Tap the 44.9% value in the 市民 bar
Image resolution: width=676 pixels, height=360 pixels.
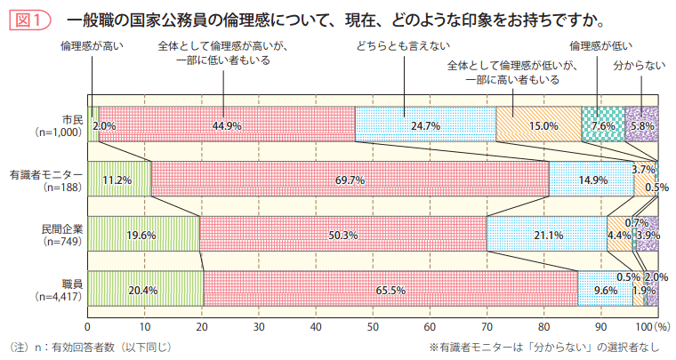tap(227, 125)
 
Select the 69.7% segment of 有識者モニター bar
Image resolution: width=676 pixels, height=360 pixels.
tap(350, 180)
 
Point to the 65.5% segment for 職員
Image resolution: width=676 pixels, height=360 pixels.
tap(390, 290)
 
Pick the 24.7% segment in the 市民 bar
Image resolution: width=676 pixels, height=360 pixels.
tap(426, 125)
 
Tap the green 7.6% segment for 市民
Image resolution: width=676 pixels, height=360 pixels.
tap(603, 125)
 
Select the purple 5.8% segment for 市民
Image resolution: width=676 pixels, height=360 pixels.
tap(641, 125)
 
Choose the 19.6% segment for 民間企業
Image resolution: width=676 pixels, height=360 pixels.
tap(141, 235)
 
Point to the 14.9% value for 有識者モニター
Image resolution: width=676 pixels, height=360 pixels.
tap(592, 180)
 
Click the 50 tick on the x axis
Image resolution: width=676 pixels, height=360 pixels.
tap(373, 328)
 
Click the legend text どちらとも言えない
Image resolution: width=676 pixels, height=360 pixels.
tap(403, 44)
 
